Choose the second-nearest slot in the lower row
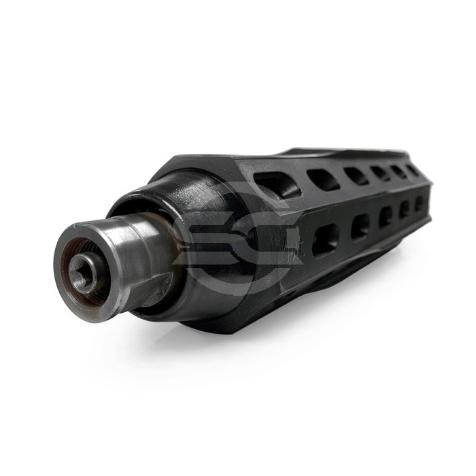(x=360, y=226)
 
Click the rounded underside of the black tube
(x=326, y=279)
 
